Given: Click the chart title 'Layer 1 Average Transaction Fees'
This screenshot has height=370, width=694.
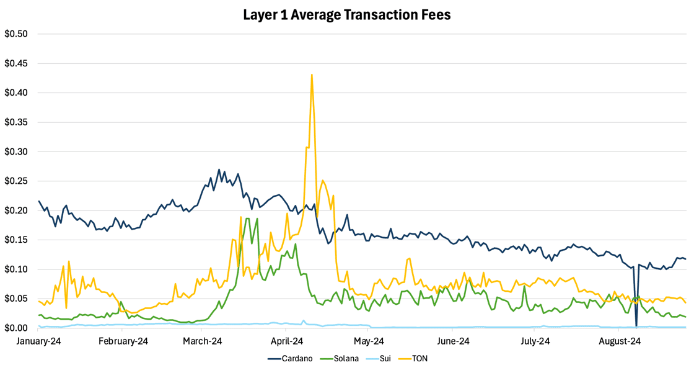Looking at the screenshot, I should tap(347, 14).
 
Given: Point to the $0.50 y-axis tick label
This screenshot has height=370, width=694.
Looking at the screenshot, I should tap(16, 34).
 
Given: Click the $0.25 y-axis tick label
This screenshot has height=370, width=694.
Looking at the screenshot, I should tap(16, 181).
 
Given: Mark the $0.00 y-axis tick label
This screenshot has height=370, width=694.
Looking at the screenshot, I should tap(16, 328).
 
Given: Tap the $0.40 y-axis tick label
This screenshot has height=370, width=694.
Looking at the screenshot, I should tap(16, 92).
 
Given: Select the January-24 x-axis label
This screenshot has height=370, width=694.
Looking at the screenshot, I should tap(39, 341).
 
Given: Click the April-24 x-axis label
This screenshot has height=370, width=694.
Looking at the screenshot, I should tap(286, 341).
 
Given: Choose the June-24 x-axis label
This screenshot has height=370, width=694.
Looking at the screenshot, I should tap(453, 341).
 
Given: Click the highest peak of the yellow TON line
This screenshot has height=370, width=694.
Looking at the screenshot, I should tap(312, 74).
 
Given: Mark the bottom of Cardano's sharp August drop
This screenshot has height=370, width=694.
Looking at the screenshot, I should tap(636, 326).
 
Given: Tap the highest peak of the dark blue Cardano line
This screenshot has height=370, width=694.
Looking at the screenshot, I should tap(219, 169).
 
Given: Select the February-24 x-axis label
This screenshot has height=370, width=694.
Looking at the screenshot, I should tap(124, 341).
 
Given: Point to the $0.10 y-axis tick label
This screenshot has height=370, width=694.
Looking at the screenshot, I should tap(16, 269).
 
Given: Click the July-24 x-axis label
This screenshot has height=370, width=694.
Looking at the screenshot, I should tap(535, 341).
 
